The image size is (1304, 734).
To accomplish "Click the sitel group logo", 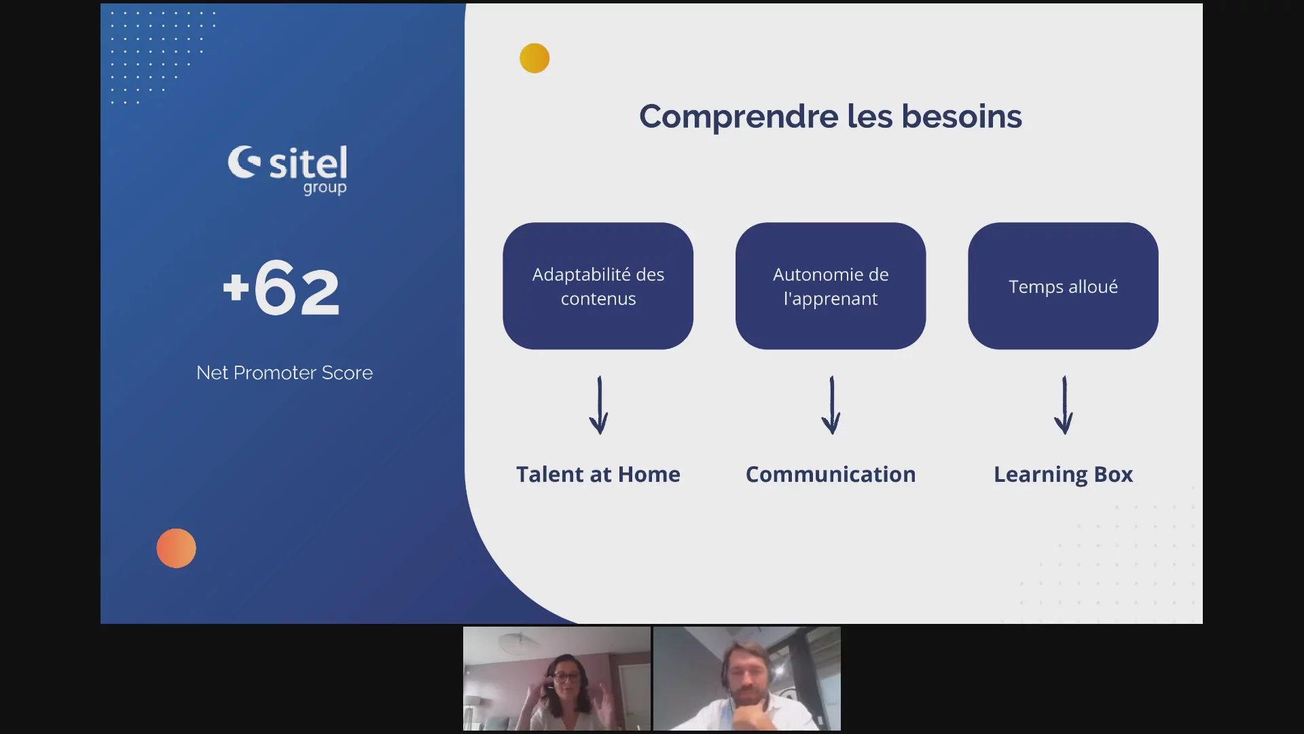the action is (x=287, y=170).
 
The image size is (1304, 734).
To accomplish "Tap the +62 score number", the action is (x=281, y=289).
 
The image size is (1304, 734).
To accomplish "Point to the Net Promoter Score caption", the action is (x=285, y=372).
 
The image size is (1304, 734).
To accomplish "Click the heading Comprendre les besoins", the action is (x=830, y=116).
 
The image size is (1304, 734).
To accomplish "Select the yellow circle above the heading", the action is (x=535, y=58).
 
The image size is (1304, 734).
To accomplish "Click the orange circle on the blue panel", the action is (x=176, y=548).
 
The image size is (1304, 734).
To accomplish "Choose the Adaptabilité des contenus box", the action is (x=598, y=286).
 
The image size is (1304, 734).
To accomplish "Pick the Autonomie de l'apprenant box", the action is (x=830, y=286).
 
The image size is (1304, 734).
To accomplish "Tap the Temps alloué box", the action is (x=1063, y=286).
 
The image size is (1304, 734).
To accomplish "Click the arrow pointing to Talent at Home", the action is (x=598, y=405).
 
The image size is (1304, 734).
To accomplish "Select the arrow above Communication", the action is (x=831, y=405).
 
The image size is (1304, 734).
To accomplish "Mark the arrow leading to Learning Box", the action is (x=1064, y=405).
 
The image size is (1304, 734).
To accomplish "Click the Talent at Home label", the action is (x=598, y=474).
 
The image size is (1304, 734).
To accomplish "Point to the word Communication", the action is (x=830, y=474).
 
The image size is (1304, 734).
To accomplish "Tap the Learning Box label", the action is (x=1063, y=475).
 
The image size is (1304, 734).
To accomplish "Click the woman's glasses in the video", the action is (x=565, y=677).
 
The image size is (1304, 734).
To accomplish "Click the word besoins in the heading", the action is (x=962, y=116).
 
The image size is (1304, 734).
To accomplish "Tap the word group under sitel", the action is (x=325, y=188).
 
